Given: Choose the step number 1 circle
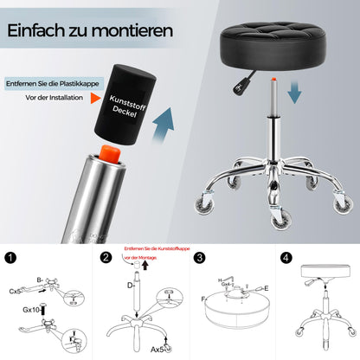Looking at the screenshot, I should coord(11,257).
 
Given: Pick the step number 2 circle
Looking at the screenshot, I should coord(106,257).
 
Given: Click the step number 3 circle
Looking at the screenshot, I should coord(198,257).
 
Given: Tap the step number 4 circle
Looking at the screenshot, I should coord(285,257).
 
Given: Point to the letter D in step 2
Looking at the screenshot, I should coord(131,284).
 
